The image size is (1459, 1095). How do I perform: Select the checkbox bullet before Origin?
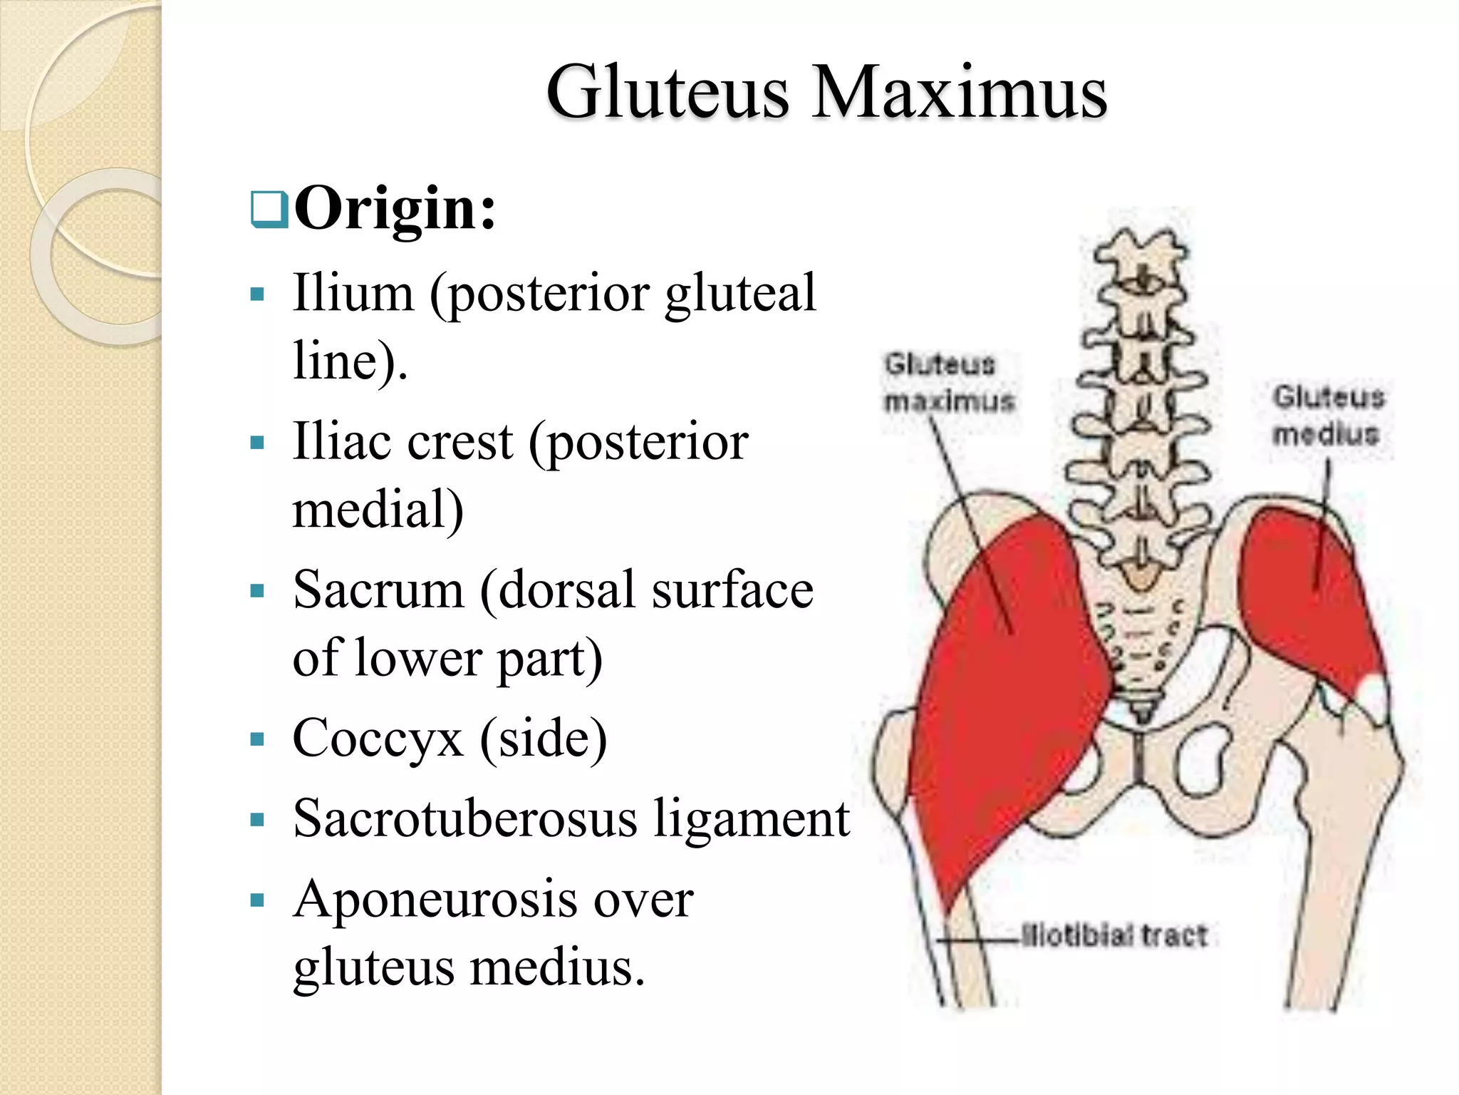pyautogui.click(x=269, y=210)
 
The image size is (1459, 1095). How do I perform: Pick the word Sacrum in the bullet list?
pyautogui.click(x=378, y=590)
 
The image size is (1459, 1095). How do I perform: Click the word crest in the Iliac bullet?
pyautogui.click(x=460, y=442)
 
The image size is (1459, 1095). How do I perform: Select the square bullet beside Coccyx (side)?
pyautogui.click(x=257, y=739)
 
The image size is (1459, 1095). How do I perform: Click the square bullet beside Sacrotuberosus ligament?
pyautogui.click(x=257, y=819)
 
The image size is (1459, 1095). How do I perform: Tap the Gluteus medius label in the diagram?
pyautogui.click(x=1329, y=415)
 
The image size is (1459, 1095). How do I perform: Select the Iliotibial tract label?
pyautogui.click(x=1114, y=935)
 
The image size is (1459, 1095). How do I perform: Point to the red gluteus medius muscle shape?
pyautogui.click(x=1307, y=599)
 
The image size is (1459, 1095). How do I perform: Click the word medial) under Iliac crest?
pyautogui.click(x=378, y=510)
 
